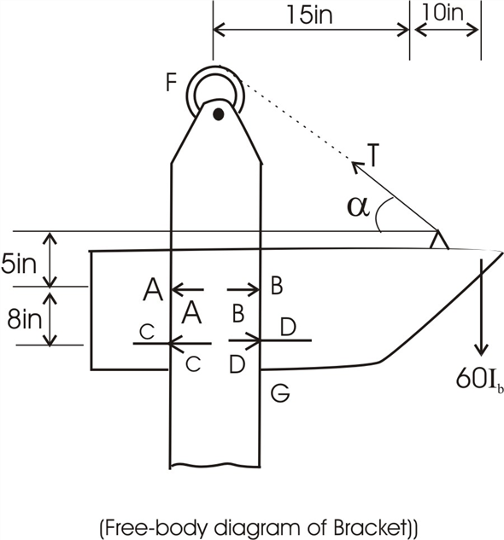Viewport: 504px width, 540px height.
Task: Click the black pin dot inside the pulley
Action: click(x=219, y=113)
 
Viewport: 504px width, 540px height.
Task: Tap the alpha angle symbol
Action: click(x=359, y=206)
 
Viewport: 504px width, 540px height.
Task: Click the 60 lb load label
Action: click(x=478, y=380)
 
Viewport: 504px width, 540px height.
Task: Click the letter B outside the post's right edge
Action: click(x=276, y=286)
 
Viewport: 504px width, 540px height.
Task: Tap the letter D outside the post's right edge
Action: click(x=288, y=326)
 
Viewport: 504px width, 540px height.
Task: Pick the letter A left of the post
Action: click(x=152, y=290)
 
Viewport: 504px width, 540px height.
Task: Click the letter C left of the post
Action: click(x=147, y=333)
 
